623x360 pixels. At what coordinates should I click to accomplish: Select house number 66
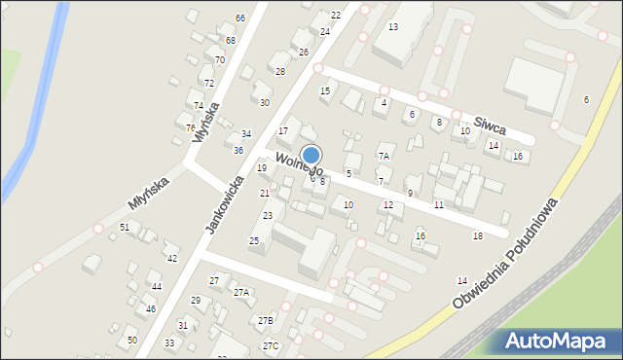click(x=239, y=18)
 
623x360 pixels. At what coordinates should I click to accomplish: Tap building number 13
click(x=392, y=26)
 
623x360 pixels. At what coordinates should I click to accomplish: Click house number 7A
click(x=384, y=156)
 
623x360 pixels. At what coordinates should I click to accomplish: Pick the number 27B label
click(x=266, y=320)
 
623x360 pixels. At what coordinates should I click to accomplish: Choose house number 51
click(x=124, y=227)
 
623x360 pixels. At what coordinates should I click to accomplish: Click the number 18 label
click(x=477, y=236)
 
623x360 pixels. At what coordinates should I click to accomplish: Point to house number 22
click(x=336, y=15)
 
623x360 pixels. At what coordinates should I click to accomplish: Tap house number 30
click(x=264, y=102)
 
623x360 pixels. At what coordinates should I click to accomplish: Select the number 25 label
click(x=254, y=240)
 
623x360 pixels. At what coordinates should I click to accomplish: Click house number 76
click(x=191, y=127)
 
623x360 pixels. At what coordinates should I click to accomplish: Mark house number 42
click(x=171, y=258)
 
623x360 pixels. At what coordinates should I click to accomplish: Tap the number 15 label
click(x=325, y=91)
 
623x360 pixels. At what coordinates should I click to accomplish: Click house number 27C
click(x=270, y=345)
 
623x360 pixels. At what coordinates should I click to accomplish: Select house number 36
click(x=238, y=150)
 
